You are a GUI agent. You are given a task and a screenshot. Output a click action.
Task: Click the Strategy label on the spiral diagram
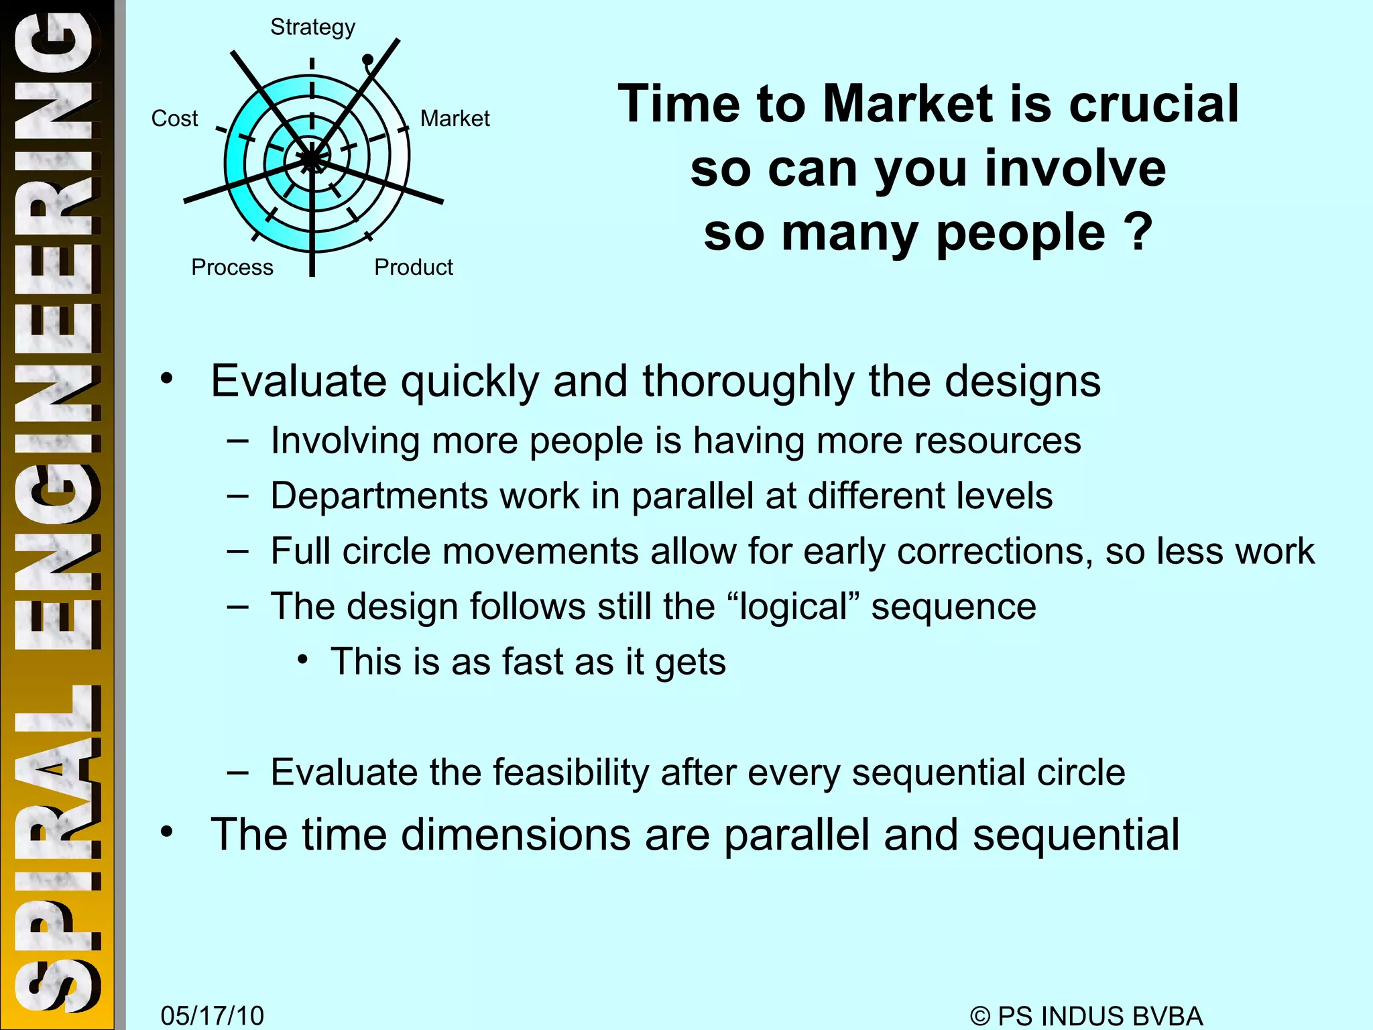(312, 27)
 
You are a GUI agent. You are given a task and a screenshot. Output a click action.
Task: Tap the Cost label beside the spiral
(174, 119)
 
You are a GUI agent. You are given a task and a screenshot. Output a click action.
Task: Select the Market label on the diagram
(455, 119)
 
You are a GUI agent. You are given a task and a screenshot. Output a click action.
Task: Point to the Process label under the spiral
(232, 268)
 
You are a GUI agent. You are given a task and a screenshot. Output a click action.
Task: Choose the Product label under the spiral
(413, 268)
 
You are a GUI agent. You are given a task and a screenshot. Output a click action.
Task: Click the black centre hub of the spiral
(312, 160)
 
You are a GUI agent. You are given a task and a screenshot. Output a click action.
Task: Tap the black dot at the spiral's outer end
(367, 60)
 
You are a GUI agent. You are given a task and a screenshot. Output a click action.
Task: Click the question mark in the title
(1139, 232)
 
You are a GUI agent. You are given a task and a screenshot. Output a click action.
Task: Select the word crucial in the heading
(1153, 105)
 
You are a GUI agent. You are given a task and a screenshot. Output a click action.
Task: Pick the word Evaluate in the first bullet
(299, 382)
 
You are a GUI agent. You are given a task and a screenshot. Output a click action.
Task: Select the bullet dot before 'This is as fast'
(303, 661)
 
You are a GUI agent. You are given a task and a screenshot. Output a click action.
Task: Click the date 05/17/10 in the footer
(212, 1016)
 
